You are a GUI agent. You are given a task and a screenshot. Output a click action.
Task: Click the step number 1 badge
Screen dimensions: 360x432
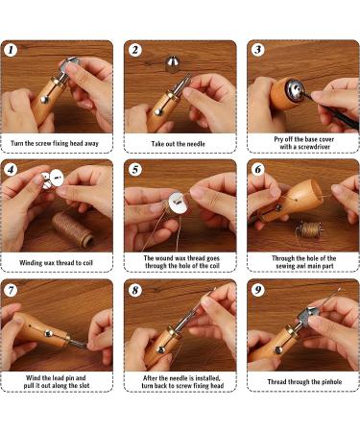(x=11, y=50)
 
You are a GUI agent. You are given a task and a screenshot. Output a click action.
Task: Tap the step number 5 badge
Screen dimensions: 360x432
(x=135, y=170)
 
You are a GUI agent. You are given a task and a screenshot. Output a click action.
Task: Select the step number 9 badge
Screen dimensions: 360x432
(x=258, y=290)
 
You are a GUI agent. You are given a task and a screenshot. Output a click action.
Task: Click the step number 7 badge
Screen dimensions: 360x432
(x=11, y=290)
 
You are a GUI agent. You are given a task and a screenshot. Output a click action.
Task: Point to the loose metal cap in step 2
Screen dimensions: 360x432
(x=173, y=63)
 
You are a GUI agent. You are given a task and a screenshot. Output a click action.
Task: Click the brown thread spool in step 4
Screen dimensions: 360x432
(x=73, y=229)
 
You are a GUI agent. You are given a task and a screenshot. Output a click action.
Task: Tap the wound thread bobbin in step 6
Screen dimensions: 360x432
(x=309, y=230)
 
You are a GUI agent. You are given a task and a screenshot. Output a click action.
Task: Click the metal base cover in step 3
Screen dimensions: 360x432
(x=294, y=90)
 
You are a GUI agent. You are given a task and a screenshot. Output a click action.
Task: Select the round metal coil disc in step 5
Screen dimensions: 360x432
(x=179, y=202)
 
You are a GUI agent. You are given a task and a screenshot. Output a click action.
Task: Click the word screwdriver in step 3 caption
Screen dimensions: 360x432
(x=314, y=147)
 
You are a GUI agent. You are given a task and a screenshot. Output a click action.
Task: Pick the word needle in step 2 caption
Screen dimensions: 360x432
(x=196, y=144)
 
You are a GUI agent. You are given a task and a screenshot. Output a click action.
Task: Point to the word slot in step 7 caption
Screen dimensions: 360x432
(x=84, y=386)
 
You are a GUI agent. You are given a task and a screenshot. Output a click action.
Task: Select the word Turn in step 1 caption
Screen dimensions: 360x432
(x=17, y=143)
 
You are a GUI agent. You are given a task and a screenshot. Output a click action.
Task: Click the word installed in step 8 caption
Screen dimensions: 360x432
(x=208, y=378)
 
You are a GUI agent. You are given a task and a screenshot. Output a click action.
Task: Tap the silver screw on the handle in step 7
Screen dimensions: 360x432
(x=49, y=333)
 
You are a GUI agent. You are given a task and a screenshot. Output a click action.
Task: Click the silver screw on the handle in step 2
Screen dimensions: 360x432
(x=157, y=112)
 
